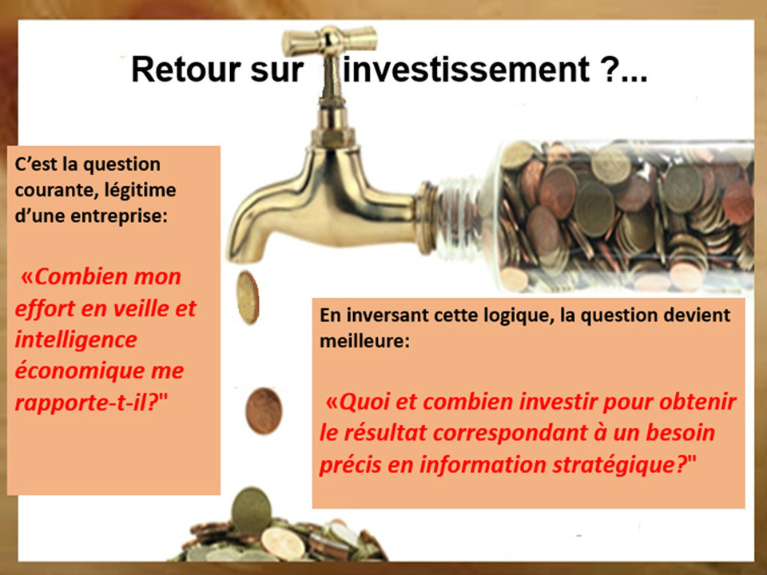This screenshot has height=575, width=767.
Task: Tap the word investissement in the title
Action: coord(466,69)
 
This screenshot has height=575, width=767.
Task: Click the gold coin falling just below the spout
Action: coord(248,298)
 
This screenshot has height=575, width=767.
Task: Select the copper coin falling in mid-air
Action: coord(264,411)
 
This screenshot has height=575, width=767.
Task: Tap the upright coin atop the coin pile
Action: coord(251,511)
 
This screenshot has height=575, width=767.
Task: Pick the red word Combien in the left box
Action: coord(75,277)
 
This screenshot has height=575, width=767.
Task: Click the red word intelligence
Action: coord(76,340)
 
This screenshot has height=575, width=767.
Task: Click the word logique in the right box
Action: coord(519,316)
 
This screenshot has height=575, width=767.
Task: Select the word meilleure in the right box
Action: coord(364,341)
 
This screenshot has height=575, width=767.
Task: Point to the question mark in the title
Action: coord(609,69)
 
